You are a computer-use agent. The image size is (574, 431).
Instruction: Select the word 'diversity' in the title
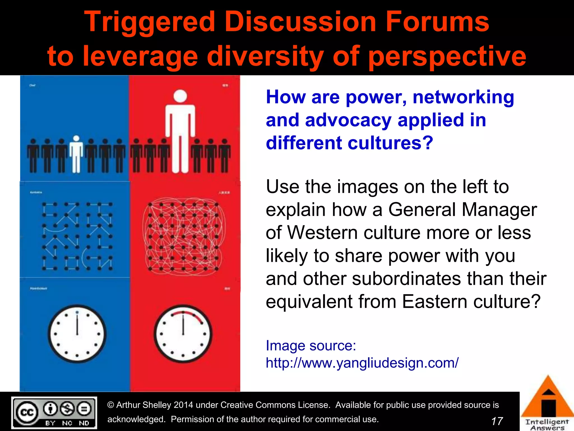(x=265, y=56)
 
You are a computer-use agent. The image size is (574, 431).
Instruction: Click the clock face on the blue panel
(x=77, y=334)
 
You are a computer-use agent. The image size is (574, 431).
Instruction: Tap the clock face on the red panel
(x=183, y=334)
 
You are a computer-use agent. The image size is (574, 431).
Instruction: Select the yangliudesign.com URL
(x=362, y=363)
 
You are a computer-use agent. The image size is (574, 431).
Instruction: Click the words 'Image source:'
(x=311, y=345)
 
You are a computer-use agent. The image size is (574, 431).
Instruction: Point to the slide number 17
(x=497, y=421)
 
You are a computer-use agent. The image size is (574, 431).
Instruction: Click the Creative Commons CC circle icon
(x=27, y=412)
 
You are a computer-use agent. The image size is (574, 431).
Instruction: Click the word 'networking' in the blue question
(x=463, y=97)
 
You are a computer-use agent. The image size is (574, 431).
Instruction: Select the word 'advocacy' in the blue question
(x=348, y=120)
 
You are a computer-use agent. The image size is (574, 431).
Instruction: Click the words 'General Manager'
(x=462, y=210)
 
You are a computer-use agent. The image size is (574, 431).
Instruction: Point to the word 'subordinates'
(x=406, y=279)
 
